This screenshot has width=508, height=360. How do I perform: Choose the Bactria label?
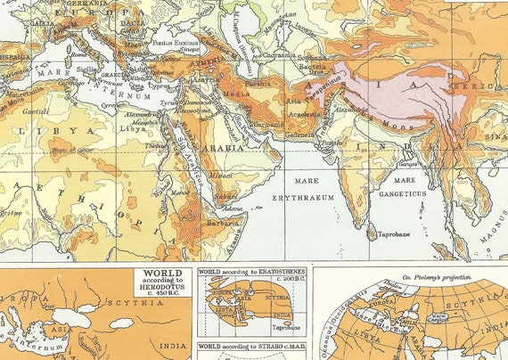316,68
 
